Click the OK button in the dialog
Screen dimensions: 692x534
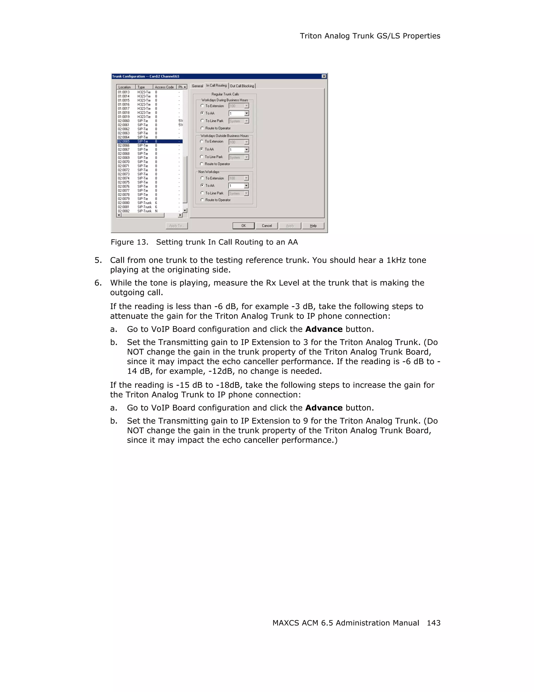[x=243, y=226]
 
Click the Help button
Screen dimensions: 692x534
[x=313, y=226]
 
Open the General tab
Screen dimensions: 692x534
[x=197, y=86]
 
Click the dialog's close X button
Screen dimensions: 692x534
[x=324, y=76]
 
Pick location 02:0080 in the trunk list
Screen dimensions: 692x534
[x=124, y=203]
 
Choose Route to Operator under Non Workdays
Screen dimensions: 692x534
[x=202, y=200]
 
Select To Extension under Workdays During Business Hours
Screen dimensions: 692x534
[x=202, y=106]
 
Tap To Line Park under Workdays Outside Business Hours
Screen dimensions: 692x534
[x=202, y=157]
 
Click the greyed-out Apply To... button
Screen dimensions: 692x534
[x=177, y=226]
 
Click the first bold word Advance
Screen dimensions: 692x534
[x=324, y=329]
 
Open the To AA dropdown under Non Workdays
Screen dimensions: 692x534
[x=246, y=186]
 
